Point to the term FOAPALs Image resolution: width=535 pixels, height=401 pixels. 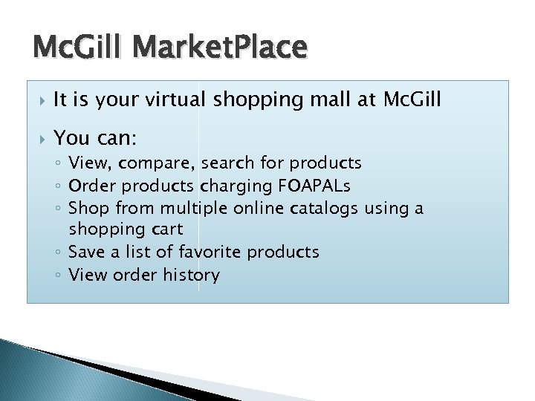299,186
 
